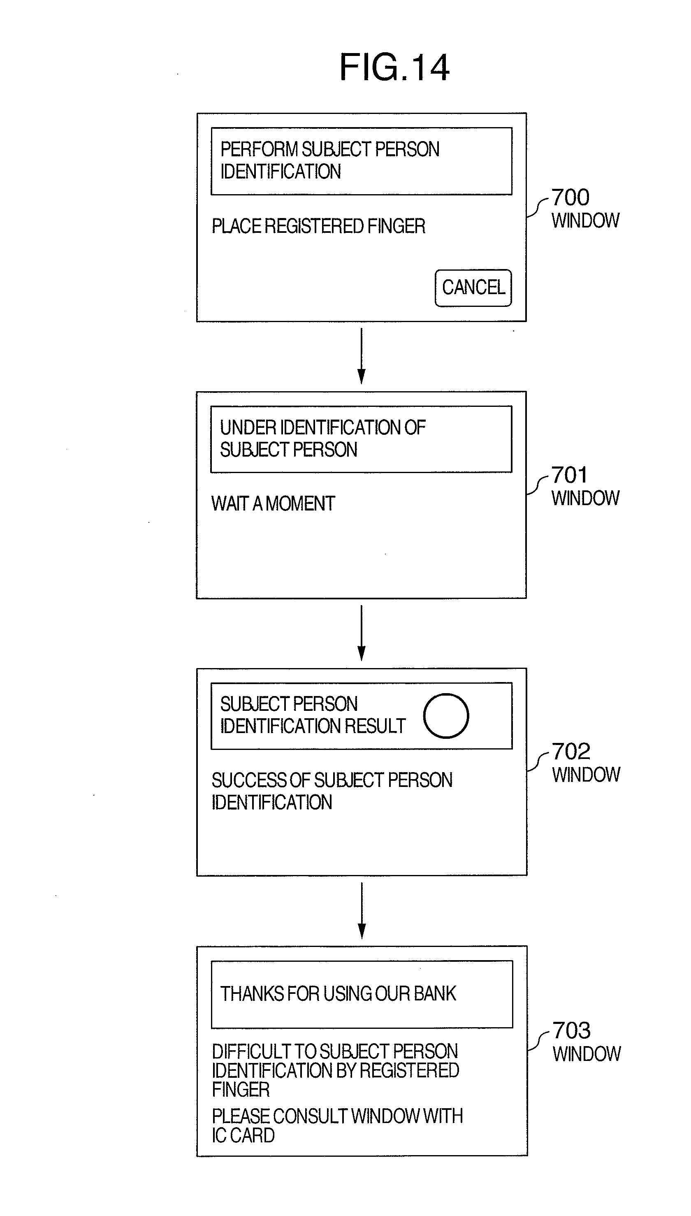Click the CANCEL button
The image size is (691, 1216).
(473, 288)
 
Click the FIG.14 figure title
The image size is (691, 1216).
(394, 67)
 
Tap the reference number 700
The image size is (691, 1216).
(570, 197)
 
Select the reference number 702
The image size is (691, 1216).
(571, 751)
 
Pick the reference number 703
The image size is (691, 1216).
(572, 1030)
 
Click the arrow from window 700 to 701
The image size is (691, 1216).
(362, 356)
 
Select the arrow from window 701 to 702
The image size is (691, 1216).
(362, 633)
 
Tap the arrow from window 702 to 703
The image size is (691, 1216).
(362, 911)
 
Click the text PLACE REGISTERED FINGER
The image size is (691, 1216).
(318, 226)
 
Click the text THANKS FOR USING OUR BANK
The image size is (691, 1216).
(338, 994)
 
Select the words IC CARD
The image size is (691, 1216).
(243, 1135)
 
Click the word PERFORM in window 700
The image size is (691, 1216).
(259, 149)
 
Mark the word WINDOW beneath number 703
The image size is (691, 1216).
(587, 1054)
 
